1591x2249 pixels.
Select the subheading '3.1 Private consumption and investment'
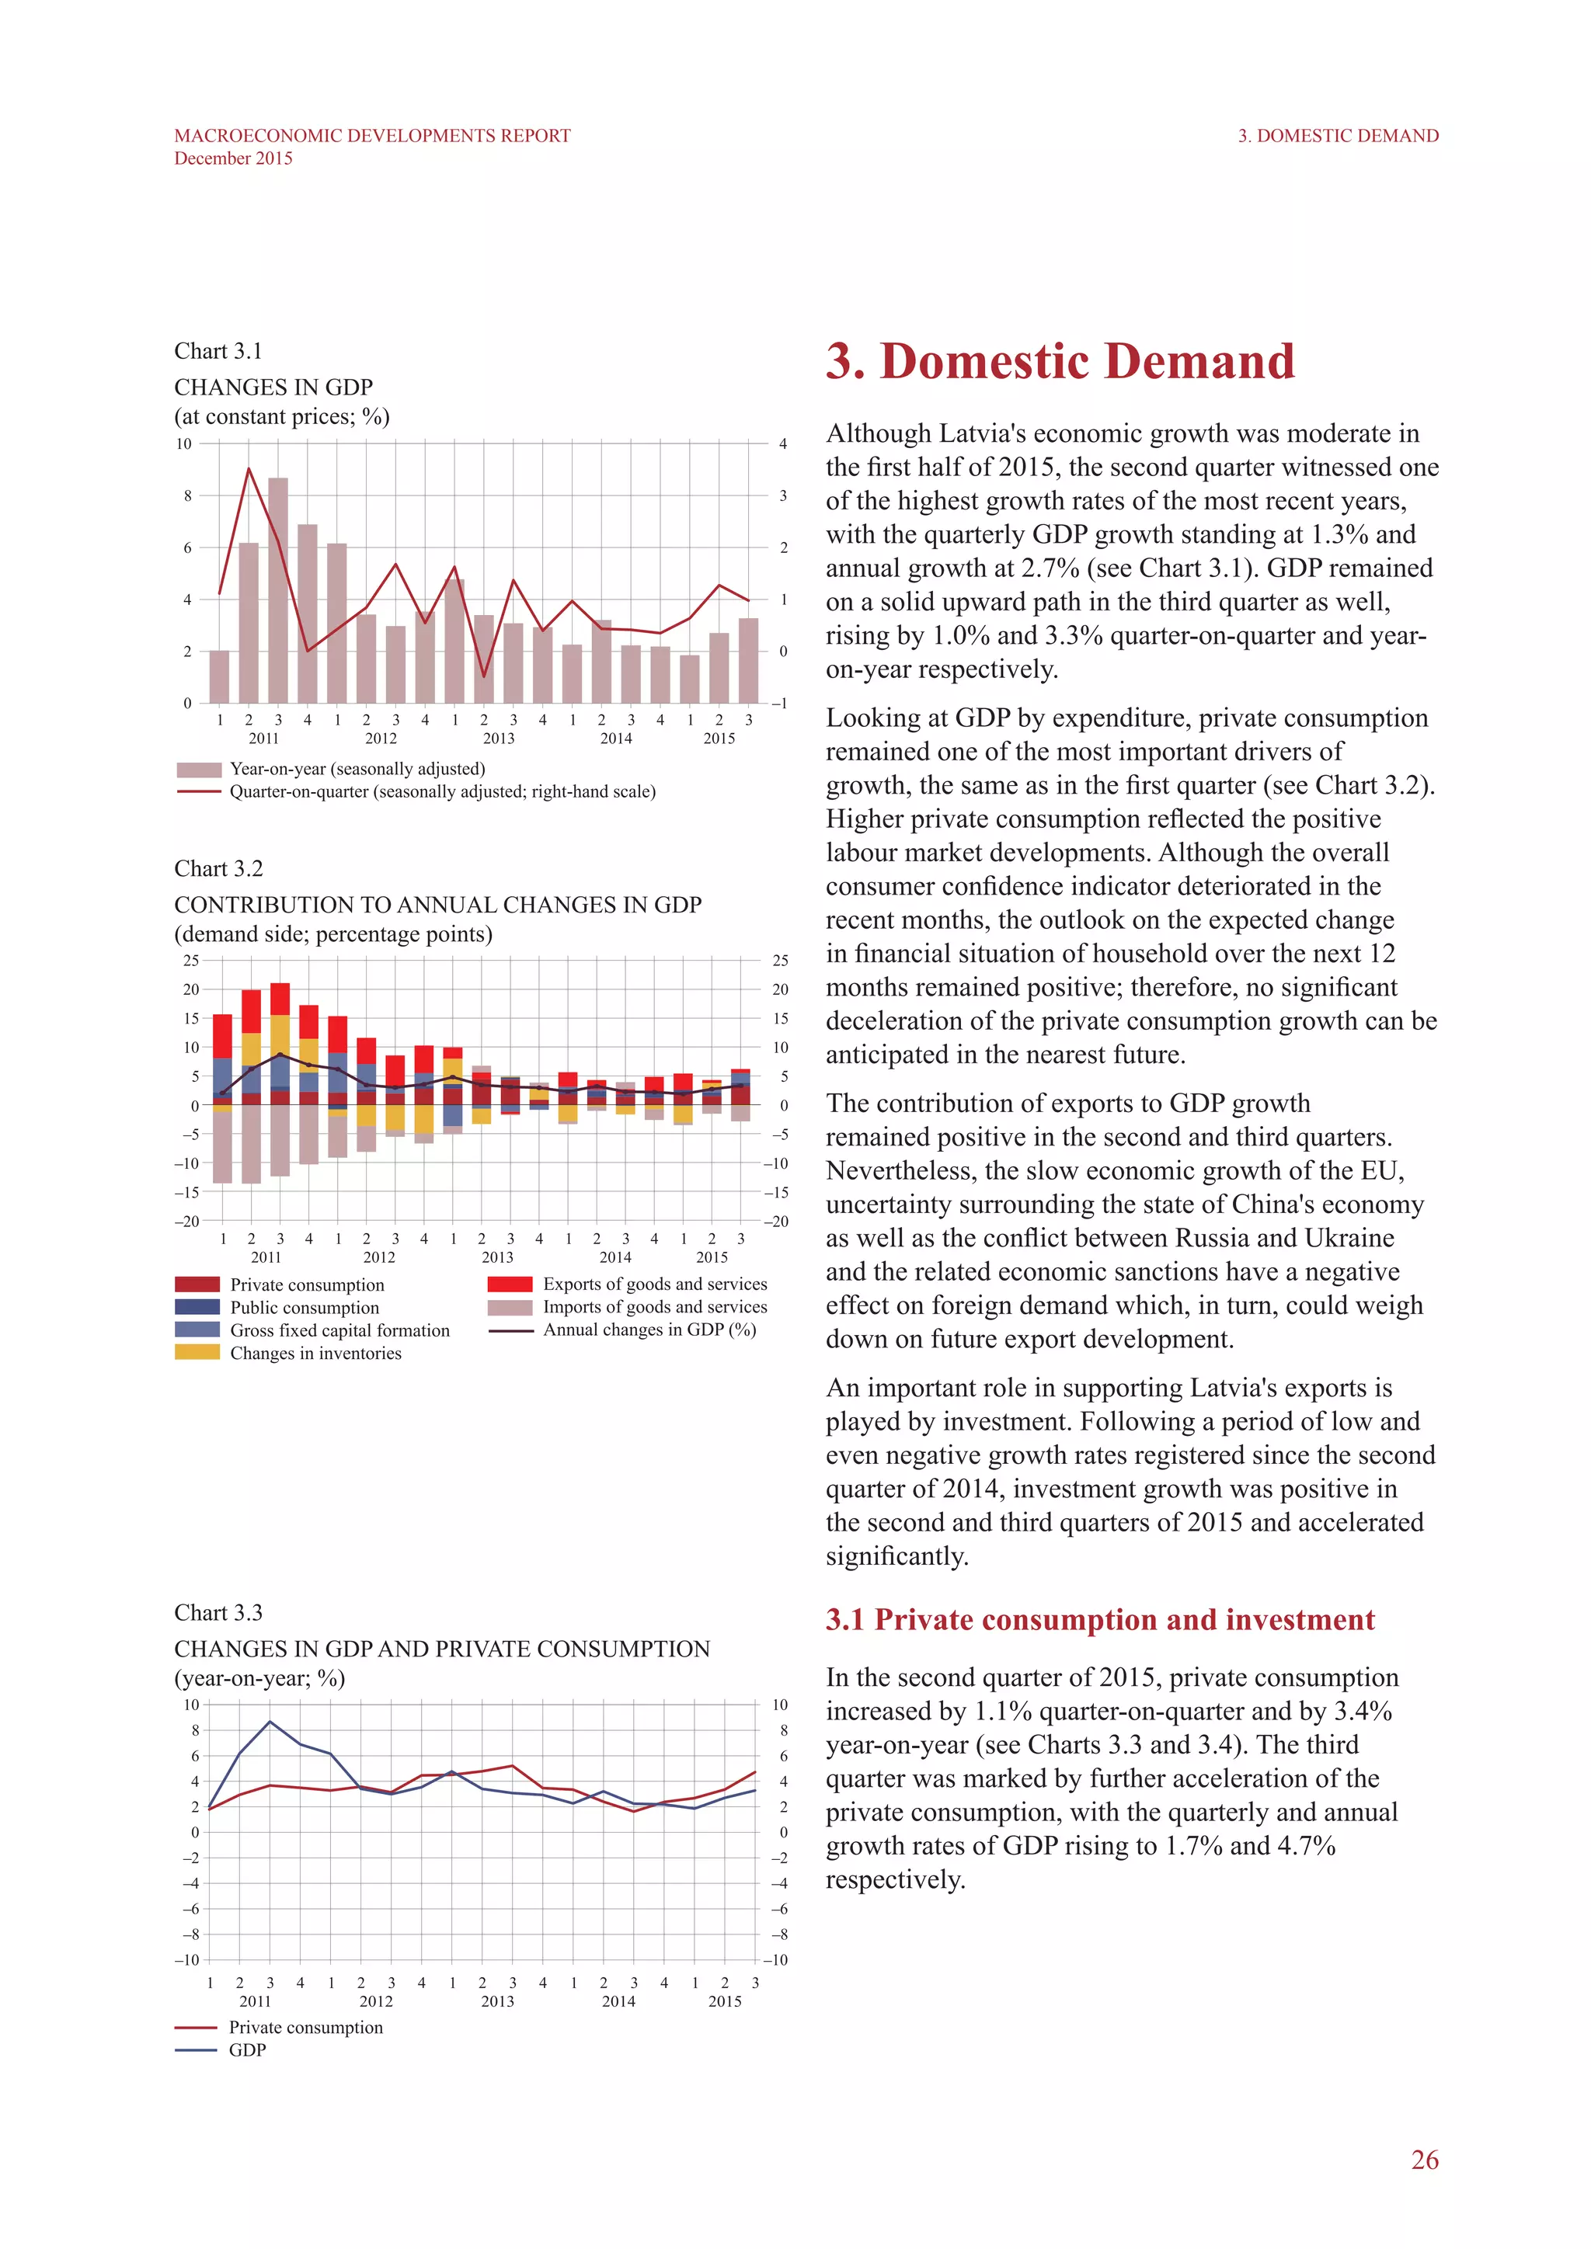tap(1099, 1619)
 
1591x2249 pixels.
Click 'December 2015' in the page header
tap(233, 158)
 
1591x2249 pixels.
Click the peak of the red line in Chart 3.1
tap(249, 469)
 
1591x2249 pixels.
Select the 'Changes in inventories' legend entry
tap(315, 1353)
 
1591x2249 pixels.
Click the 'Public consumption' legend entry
tap(304, 1308)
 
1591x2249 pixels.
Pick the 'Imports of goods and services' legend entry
tap(654, 1307)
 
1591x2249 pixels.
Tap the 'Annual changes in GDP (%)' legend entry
tap(649, 1330)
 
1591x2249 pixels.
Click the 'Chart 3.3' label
tap(218, 1612)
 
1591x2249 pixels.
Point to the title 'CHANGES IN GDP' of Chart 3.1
tap(273, 387)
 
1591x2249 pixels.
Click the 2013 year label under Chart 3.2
tap(498, 1257)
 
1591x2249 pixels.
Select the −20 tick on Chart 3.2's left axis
tap(186, 1221)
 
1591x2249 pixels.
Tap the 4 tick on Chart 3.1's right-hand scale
tap(783, 443)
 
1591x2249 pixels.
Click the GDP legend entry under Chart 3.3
tap(247, 2050)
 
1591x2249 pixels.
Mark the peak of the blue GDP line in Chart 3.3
tap(270, 1721)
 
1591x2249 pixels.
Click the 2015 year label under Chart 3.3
tap(725, 2001)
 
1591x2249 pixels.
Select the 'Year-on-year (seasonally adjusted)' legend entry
tap(357, 769)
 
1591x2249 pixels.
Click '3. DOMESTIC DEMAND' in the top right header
tap(1337, 136)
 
